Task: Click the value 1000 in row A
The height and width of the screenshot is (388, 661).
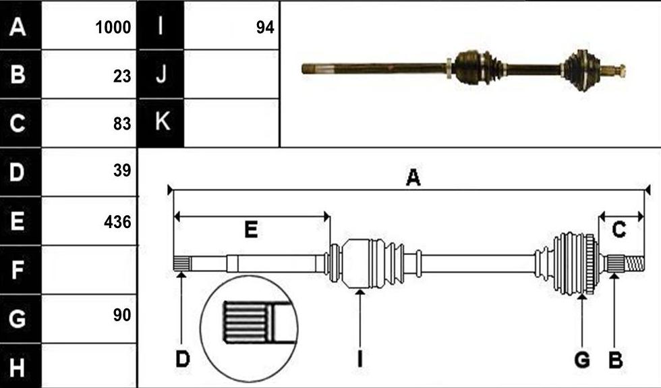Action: (x=113, y=28)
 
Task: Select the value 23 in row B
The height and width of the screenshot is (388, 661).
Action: (x=122, y=76)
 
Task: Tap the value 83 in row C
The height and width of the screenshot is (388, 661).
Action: (x=122, y=123)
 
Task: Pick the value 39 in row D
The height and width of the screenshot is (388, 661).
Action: (x=122, y=170)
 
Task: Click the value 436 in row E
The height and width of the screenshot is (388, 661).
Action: (x=117, y=222)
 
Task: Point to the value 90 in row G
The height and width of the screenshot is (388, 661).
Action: (x=122, y=315)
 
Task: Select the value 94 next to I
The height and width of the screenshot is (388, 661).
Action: (x=265, y=28)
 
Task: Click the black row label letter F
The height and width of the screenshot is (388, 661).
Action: (x=17, y=270)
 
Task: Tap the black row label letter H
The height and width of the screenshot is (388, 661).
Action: (x=17, y=367)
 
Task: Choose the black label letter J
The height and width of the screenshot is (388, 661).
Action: (x=161, y=74)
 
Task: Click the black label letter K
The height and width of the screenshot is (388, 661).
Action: (x=163, y=121)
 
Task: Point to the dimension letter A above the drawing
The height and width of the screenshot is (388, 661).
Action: (x=413, y=177)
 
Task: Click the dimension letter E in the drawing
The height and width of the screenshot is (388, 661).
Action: (x=251, y=230)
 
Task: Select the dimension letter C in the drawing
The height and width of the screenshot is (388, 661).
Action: (x=619, y=230)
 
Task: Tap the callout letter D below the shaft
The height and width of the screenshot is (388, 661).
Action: (x=183, y=359)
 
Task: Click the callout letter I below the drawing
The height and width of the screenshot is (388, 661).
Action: (x=360, y=359)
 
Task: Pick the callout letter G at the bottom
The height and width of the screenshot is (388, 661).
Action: (x=582, y=360)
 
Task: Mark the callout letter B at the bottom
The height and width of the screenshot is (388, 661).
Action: (x=615, y=360)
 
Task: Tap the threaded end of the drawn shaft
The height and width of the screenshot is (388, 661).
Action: (x=635, y=264)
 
